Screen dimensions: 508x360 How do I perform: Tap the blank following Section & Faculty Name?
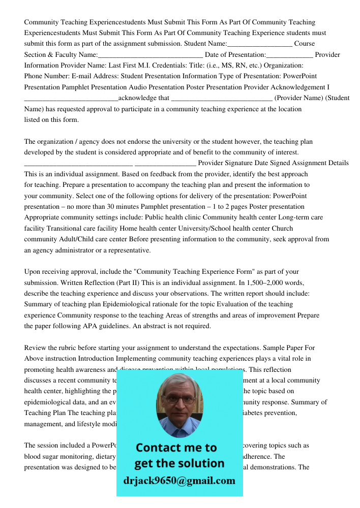click(x=151, y=55)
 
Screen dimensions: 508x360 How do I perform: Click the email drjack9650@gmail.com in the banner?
click(x=179, y=481)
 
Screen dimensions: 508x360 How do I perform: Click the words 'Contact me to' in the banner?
click(x=176, y=448)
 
